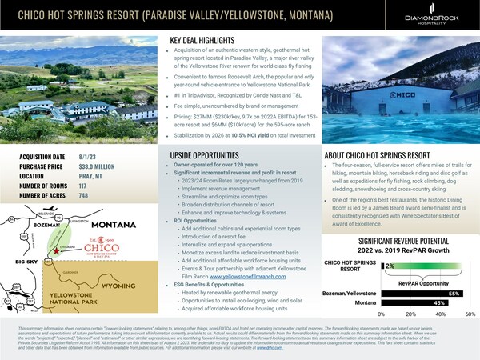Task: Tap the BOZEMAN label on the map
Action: (x=25, y=229)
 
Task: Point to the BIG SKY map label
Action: (x=16, y=261)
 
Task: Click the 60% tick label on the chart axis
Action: (x=470, y=315)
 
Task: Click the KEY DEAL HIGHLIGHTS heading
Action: (x=209, y=40)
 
